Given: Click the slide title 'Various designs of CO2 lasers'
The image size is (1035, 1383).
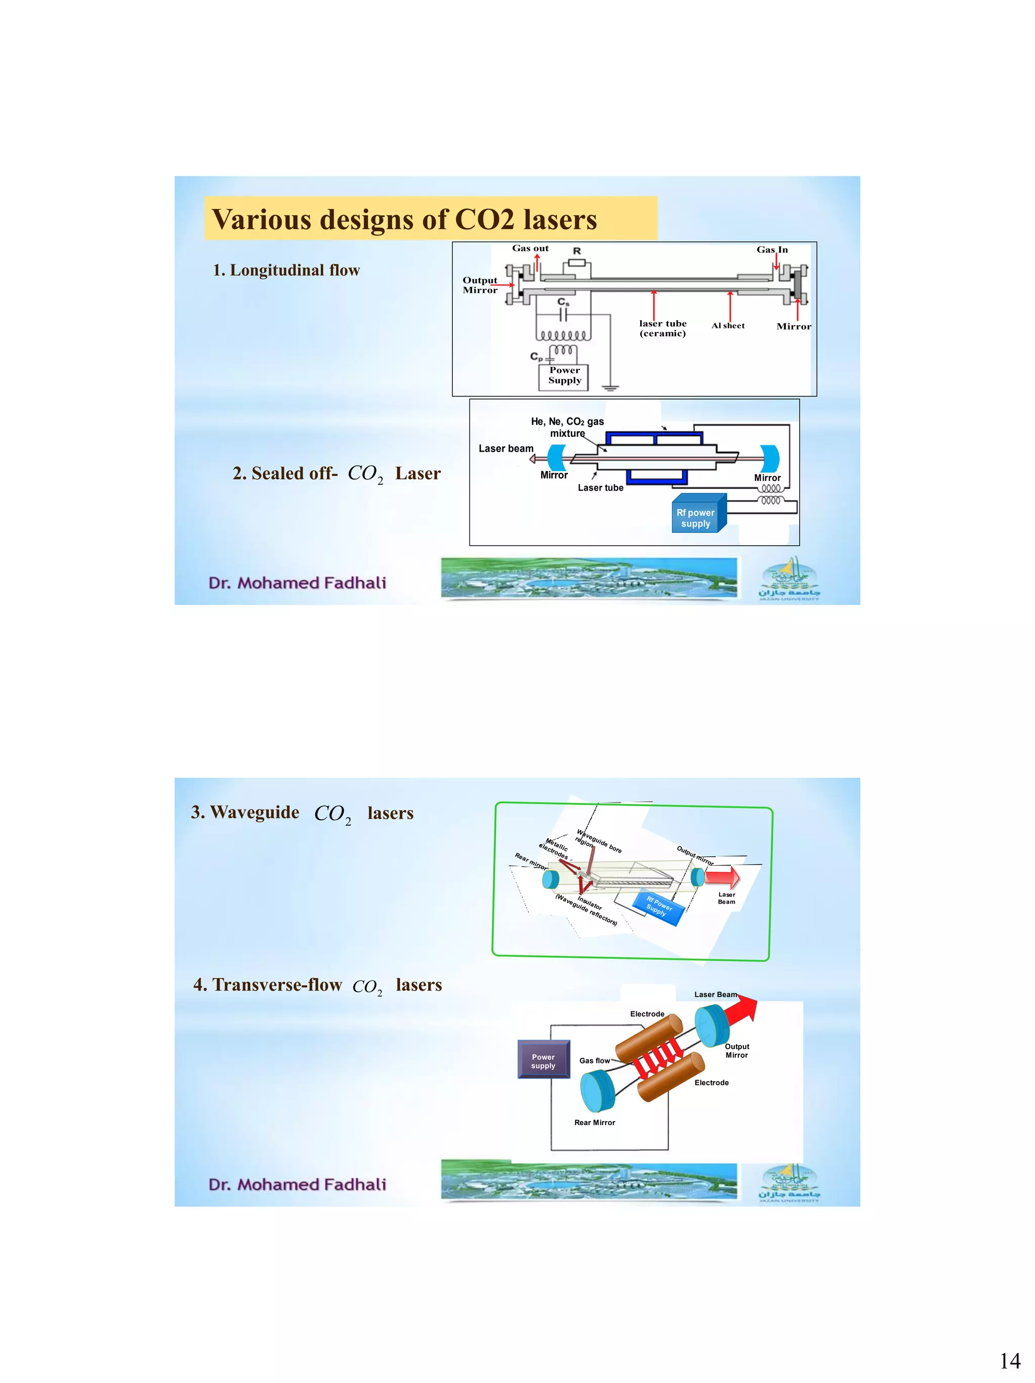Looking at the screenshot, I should (404, 219).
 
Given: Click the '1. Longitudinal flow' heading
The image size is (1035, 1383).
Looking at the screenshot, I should (286, 270).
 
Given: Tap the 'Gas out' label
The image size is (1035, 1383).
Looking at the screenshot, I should (530, 248).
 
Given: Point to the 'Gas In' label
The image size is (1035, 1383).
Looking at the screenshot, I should (772, 249).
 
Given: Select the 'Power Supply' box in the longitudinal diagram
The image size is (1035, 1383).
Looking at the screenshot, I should (564, 376).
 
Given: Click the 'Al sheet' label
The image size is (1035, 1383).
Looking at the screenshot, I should (728, 326).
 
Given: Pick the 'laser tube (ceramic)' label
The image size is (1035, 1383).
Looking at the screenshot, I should (663, 328).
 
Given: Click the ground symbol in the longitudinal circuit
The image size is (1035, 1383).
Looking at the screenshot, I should (610, 388).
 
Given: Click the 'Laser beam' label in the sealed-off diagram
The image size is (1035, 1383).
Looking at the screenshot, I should (506, 449).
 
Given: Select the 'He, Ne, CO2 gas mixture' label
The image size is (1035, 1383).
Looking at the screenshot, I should (568, 427).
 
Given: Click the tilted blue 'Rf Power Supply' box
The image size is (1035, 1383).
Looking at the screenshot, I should (658, 907).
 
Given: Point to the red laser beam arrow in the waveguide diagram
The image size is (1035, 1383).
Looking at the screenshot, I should (723, 877).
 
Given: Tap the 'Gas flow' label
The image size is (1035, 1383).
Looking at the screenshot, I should (594, 1060).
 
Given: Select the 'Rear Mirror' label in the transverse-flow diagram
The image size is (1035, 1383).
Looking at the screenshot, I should (594, 1122).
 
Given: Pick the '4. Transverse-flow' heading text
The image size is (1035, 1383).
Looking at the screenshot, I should (267, 985).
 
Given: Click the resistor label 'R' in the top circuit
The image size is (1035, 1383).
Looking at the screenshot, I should (577, 251).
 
